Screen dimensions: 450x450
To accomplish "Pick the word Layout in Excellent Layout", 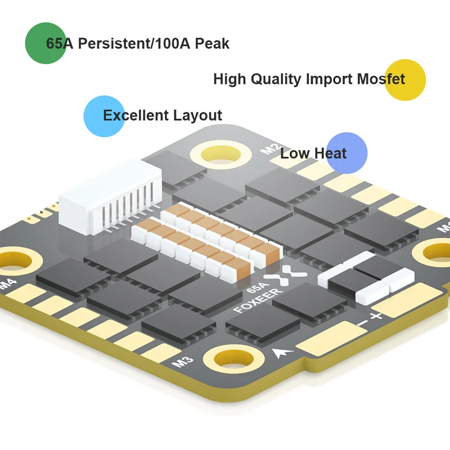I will point(197,116).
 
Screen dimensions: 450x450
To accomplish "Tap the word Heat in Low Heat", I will point(330,153).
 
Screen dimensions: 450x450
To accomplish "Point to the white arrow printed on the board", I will point(280,353).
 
